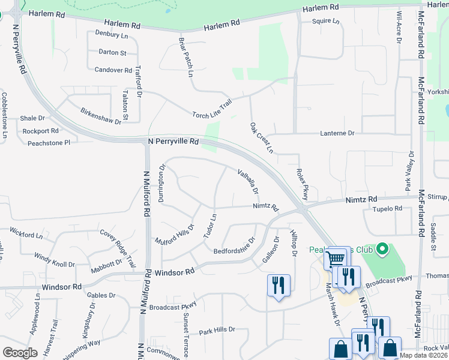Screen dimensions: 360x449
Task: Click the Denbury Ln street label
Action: pyautogui.click(x=112, y=36)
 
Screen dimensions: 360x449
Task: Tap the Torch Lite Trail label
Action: pyautogui.click(x=212, y=109)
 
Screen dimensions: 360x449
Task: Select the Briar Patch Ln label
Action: pyautogui.click(x=186, y=58)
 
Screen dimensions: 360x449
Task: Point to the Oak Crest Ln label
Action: pyautogui.click(x=261, y=138)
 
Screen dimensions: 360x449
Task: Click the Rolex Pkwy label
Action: pyautogui.click(x=302, y=184)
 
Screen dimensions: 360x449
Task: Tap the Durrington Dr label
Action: pyautogui.click(x=161, y=183)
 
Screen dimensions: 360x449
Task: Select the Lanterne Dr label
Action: pyautogui.click(x=338, y=133)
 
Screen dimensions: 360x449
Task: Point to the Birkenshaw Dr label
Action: pyautogui.click(x=101, y=116)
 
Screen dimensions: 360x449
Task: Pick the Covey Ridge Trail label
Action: pyautogui.click(x=118, y=248)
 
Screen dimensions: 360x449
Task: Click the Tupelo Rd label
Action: pyautogui.click(x=387, y=209)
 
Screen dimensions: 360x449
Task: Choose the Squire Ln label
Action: pyautogui.click(x=325, y=21)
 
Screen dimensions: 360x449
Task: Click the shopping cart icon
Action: pyautogui.click(x=336, y=259)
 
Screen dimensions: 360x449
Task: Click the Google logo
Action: pyautogui.click(x=20, y=352)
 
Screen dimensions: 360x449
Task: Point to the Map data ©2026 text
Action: pyautogui.click(x=423, y=355)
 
